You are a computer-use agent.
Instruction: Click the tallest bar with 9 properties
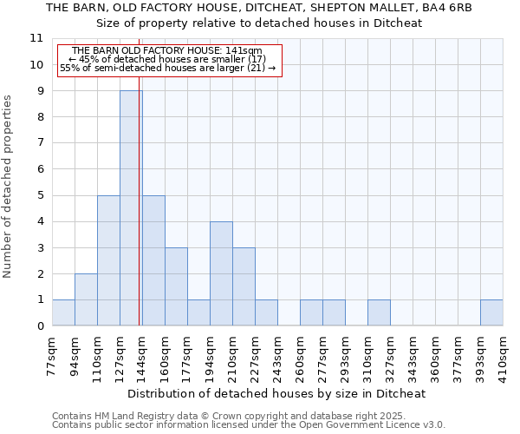point(131,208)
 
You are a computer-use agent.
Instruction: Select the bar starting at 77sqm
point(63,312)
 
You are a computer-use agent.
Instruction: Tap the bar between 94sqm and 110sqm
point(86,299)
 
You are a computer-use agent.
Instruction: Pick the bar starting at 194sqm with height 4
point(221,273)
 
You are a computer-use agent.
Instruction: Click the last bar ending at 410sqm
point(491,312)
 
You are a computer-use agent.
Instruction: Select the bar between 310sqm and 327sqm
point(379,312)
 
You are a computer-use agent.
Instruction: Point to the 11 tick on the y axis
point(36,38)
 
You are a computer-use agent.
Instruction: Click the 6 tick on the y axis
point(39,169)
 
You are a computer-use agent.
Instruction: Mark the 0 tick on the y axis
point(39,326)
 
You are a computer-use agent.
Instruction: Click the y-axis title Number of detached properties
point(9,187)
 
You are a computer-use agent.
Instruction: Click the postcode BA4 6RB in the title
point(446,8)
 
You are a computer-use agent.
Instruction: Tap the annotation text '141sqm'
point(244,51)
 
